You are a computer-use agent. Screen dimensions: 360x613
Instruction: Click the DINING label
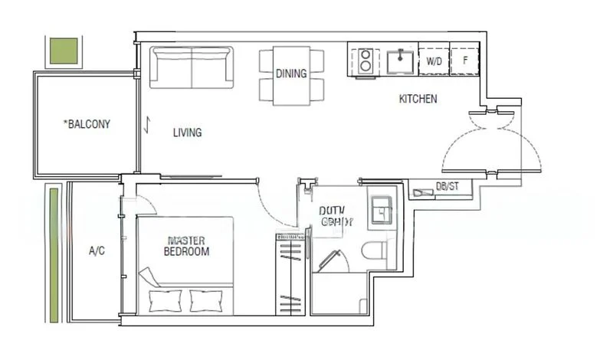(292, 74)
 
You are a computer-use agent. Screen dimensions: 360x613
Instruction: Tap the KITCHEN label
(418, 100)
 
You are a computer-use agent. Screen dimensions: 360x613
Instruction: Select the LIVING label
(187, 133)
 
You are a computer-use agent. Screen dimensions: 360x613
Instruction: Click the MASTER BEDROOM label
(187, 246)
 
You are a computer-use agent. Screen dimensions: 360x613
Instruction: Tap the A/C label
(97, 250)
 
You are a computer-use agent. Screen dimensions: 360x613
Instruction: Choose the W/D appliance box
(434, 60)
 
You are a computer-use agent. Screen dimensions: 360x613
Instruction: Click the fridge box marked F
(465, 60)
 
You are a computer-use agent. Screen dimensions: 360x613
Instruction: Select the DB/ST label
(447, 187)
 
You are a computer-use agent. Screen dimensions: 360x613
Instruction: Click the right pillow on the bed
(205, 300)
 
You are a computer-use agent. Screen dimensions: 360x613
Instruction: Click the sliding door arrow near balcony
(146, 124)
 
